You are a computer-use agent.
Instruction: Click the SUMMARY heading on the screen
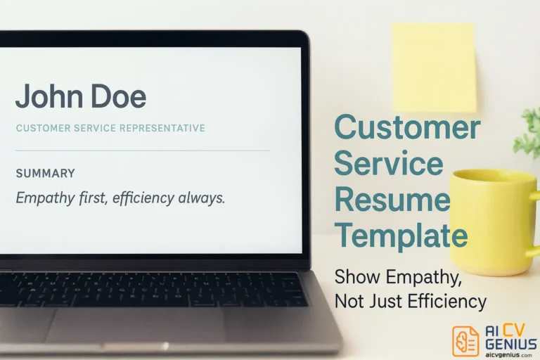click(x=45, y=173)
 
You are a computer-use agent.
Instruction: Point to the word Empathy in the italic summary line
click(x=44, y=198)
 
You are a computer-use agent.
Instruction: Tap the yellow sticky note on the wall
click(x=433, y=67)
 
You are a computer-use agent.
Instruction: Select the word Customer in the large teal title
click(x=407, y=128)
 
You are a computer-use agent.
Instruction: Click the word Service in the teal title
click(x=388, y=164)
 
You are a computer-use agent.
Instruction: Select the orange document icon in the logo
click(x=465, y=340)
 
